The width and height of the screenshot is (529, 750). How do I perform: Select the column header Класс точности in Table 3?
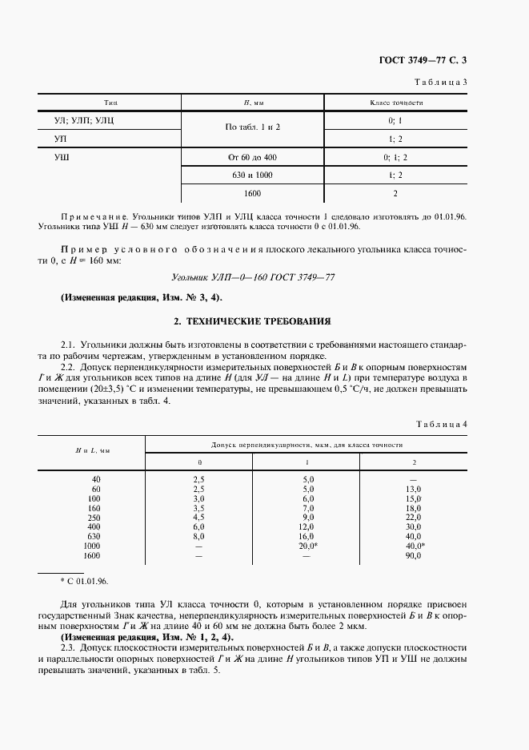point(395,103)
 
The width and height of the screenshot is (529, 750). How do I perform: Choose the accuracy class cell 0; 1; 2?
point(395,157)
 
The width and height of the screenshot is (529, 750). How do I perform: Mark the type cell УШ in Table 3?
point(61,157)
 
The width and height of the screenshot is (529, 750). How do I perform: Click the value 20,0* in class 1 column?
point(308,546)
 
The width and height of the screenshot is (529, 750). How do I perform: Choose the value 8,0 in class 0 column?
point(199,536)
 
